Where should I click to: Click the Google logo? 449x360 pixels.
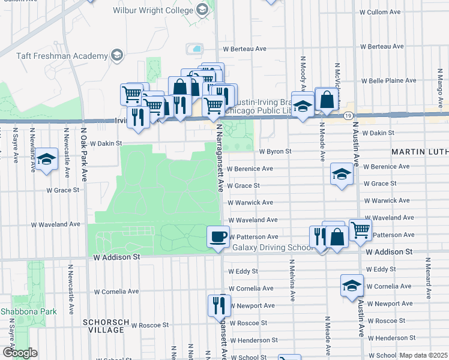tap(19, 352)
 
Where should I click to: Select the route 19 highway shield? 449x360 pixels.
tap(348, 115)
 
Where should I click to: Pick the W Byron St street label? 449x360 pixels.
tap(275, 152)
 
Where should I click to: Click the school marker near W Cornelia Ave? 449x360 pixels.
tap(352, 285)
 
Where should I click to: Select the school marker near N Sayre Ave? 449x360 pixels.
tap(46, 159)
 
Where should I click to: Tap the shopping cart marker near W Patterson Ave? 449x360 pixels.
tap(360, 229)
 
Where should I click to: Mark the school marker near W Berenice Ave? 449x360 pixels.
tap(342, 175)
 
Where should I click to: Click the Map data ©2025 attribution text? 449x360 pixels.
tap(423, 355)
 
